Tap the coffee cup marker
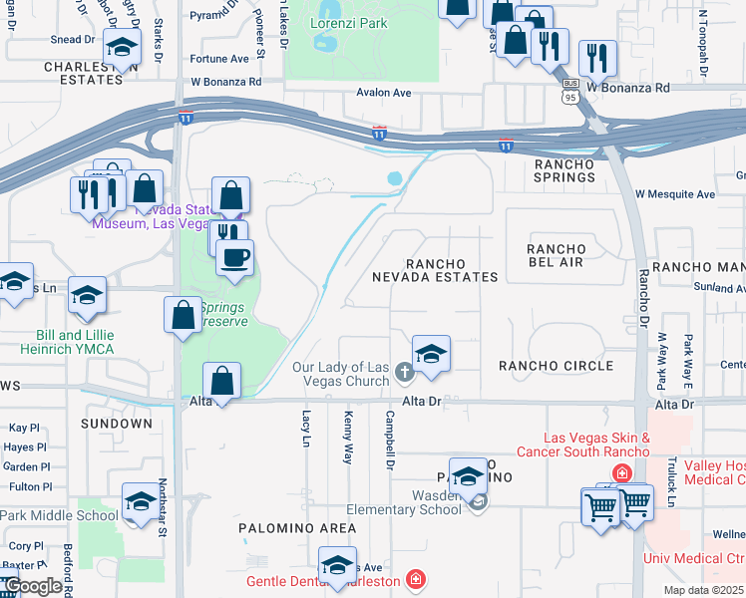235,258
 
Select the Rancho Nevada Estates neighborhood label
436,269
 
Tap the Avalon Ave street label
384,93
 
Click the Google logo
32,586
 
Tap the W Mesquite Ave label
675,194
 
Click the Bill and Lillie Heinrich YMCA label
62,342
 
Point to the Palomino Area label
296,527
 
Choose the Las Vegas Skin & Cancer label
596,446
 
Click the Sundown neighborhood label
117,424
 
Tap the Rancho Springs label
564,170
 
